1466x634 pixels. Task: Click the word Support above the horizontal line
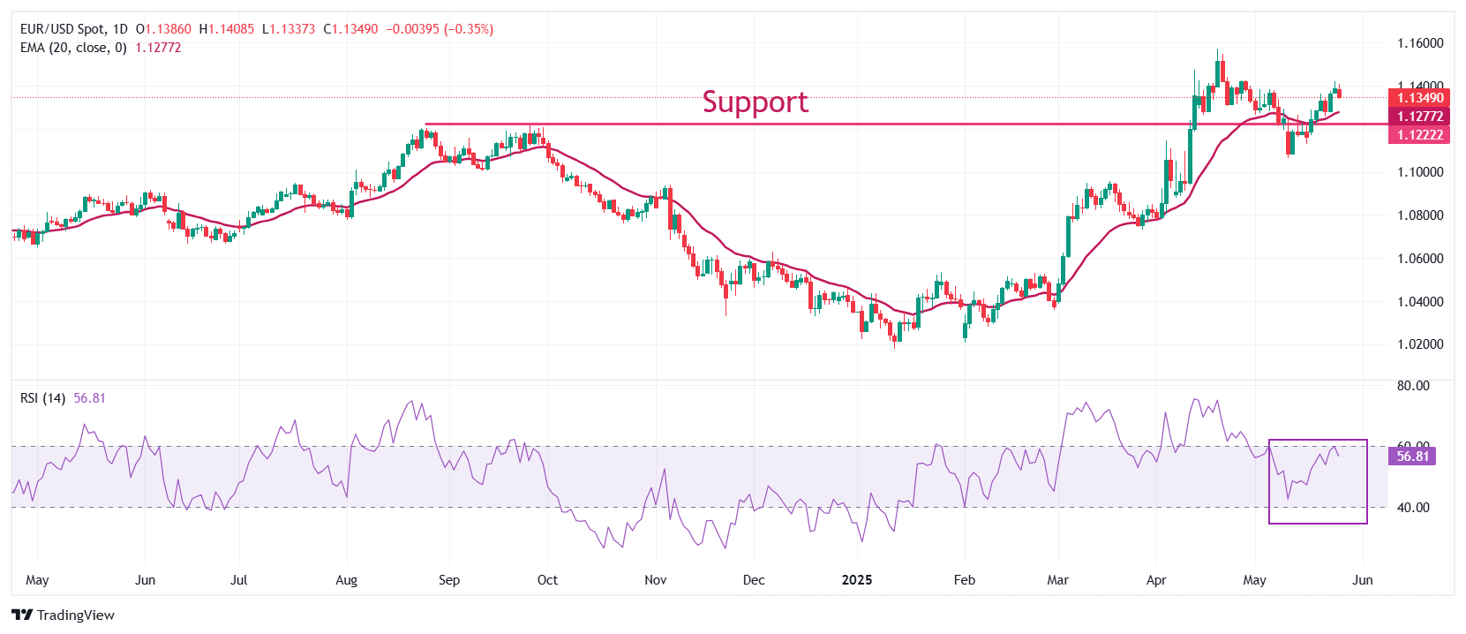(x=755, y=102)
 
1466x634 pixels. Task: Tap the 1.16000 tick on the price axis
(x=1420, y=43)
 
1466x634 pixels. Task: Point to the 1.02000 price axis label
(x=1420, y=344)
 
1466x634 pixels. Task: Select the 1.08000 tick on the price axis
(x=1420, y=215)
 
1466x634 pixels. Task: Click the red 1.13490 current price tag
(x=1419, y=98)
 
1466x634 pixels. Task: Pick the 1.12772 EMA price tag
(x=1419, y=117)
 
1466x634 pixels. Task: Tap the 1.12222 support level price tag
(x=1419, y=135)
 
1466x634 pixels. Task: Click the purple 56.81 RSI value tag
(x=1412, y=457)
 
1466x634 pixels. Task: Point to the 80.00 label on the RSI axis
(x=1413, y=386)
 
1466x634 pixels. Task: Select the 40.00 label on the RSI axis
(x=1413, y=508)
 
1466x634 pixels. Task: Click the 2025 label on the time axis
(x=856, y=580)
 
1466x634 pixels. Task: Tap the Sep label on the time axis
(x=449, y=580)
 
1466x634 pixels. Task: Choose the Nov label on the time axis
(x=656, y=580)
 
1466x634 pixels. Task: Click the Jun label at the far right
(x=1363, y=580)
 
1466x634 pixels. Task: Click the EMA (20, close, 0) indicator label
(x=73, y=48)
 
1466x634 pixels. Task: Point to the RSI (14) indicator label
(x=42, y=398)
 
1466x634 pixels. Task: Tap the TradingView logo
(x=64, y=615)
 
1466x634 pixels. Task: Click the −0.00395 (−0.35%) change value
(x=440, y=29)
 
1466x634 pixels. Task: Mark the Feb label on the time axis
(x=965, y=580)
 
